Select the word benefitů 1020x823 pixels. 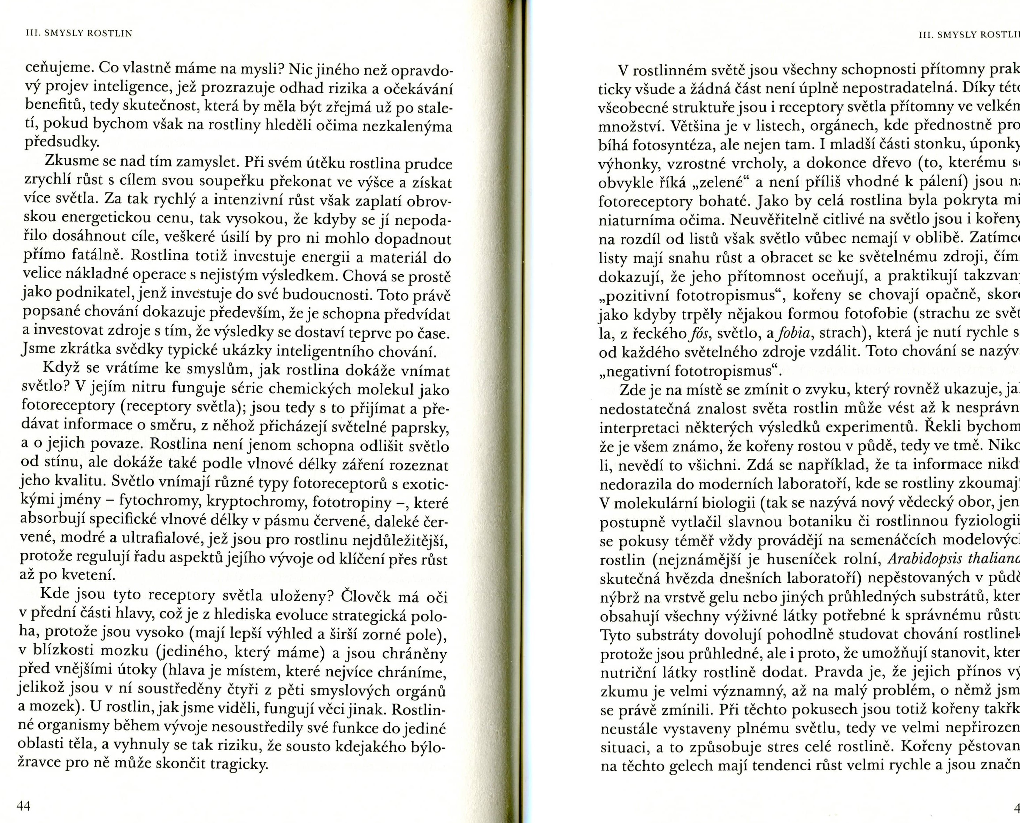pos(54,106)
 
